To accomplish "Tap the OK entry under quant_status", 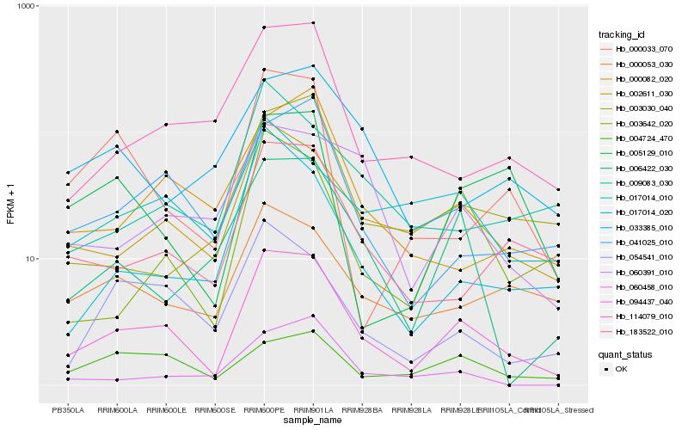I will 621,369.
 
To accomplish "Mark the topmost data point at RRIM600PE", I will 264,28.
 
